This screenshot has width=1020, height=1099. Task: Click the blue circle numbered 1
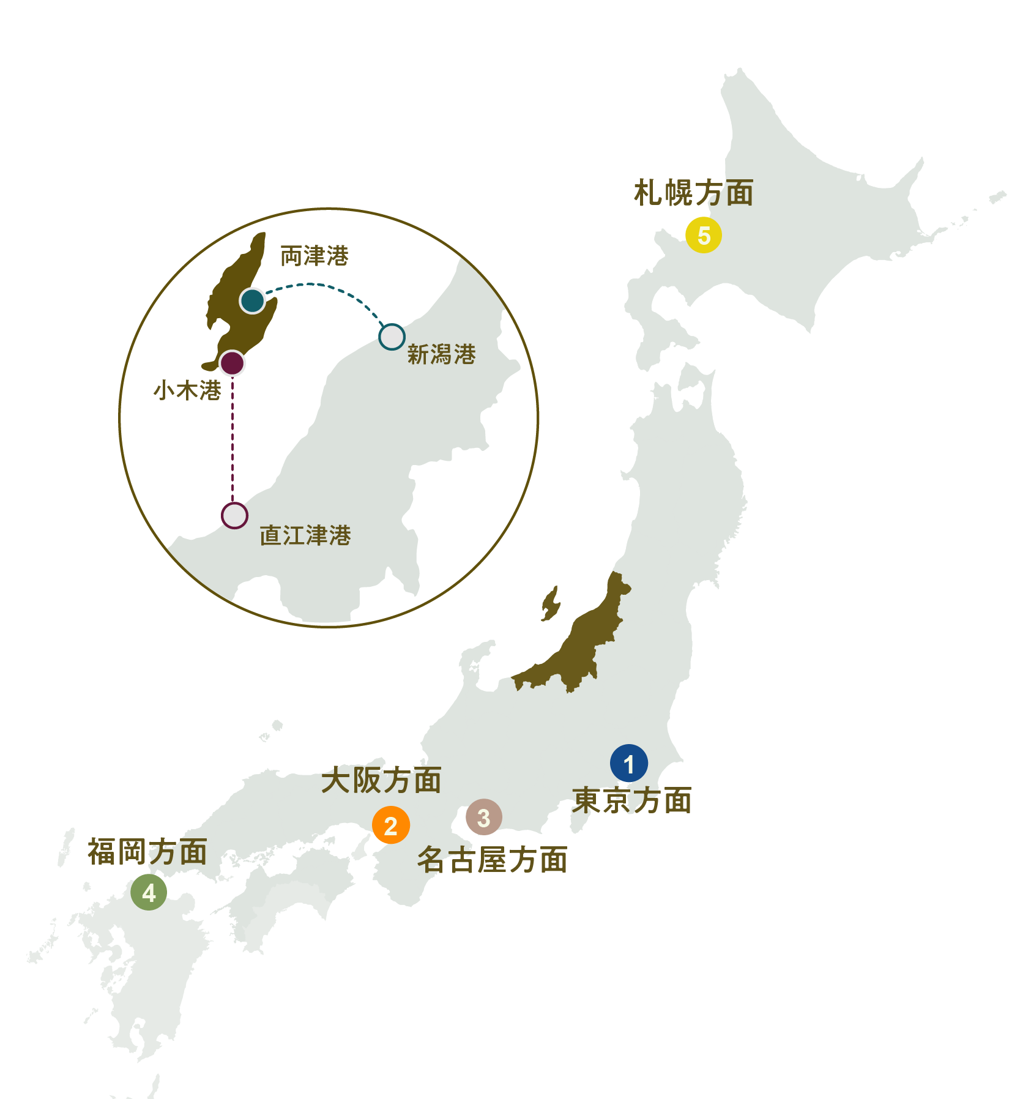[x=628, y=763]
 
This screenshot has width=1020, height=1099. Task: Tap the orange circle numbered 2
[x=390, y=825]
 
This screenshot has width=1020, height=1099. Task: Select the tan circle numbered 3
[x=484, y=817]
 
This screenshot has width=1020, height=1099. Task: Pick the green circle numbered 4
[x=149, y=892]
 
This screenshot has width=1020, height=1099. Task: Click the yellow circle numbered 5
[x=704, y=235]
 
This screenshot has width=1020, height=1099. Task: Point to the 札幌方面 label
[x=693, y=193]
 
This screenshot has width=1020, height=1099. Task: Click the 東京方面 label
[x=632, y=800]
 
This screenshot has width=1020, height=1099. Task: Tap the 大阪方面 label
[x=381, y=780]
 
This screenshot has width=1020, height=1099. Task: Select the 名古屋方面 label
[x=492, y=859]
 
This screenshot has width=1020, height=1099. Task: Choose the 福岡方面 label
[x=147, y=852]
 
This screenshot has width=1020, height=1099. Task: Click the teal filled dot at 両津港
[x=252, y=300]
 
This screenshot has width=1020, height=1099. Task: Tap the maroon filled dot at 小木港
[x=232, y=363]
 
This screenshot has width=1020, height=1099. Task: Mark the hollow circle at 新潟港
[x=392, y=337]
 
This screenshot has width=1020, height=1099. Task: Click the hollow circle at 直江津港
[x=234, y=516]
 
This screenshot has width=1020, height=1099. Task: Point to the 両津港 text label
[x=315, y=256]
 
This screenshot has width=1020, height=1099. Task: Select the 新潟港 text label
[x=441, y=354]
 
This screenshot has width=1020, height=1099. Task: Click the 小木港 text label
[x=187, y=390]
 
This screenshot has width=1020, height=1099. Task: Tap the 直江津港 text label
[x=305, y=535]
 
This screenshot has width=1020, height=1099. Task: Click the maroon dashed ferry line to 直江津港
[x=233, y=441]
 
